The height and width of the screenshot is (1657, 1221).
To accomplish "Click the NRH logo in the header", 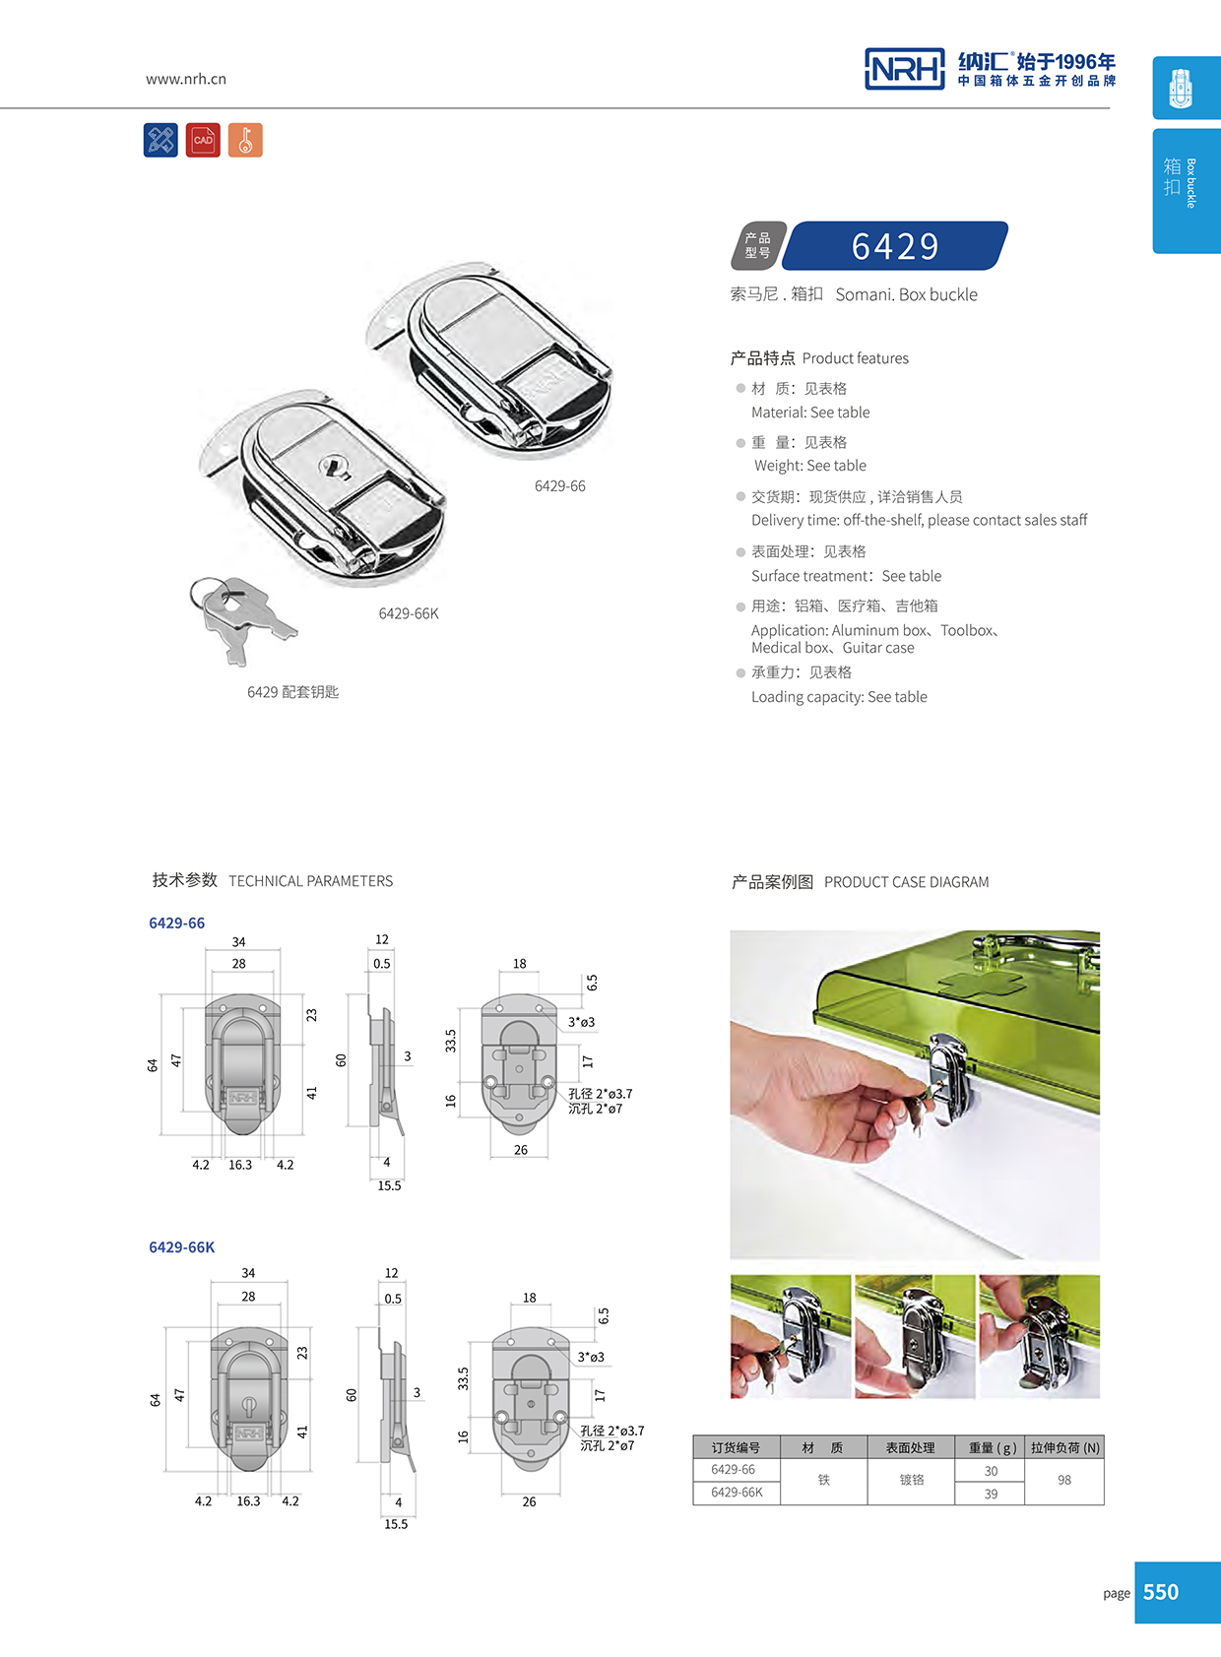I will [x=904, y=69].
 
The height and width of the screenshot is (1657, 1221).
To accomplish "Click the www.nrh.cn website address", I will [x=185, y=79].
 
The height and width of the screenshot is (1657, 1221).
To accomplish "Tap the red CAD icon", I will [x=203, y=140].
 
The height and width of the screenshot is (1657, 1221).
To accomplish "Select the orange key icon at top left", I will [x=245, y=140].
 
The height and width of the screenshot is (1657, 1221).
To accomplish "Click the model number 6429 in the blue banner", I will [x=895, y=246].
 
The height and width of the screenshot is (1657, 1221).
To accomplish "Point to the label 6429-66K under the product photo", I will [x=409, y=613].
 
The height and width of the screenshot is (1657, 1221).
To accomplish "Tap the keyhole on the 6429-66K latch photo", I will [x=335, y=465].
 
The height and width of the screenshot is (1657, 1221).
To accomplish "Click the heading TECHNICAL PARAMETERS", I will [x=310, y=881].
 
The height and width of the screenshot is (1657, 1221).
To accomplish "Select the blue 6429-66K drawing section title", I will [x=181, y=1246].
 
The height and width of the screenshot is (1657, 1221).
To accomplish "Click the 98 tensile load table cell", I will [x=1063, y=1480].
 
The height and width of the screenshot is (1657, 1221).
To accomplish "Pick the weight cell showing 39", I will [x=990, y=1494].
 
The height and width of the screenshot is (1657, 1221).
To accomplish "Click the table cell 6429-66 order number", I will [x=734, y=1469].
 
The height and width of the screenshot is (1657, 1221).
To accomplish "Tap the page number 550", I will [x=1161, y=1592].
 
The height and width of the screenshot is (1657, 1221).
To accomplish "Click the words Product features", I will [x=855, y=358].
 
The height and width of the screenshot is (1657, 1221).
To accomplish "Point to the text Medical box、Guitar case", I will [x=832, y=648].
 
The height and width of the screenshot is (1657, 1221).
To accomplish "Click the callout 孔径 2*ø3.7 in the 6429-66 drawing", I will [x=600, y=1094].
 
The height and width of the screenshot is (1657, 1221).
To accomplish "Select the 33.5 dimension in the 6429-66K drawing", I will [x=463, y=1377].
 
